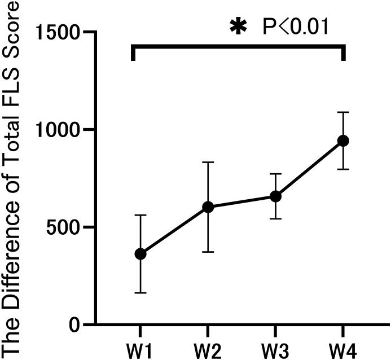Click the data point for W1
point(140,254)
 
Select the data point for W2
point(208,207)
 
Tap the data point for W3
point(276,196)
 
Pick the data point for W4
point(343,141)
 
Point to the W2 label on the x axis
point(208,346)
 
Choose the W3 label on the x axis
point(276,346)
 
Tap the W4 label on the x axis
point(343,346)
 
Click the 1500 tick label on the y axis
point(57,33)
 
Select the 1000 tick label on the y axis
point(57,130)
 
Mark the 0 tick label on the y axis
point(74,326)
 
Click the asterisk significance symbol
point(238,27)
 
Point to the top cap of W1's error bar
point(140,215)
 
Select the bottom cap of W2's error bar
point(208,252)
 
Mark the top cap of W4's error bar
point(343,112)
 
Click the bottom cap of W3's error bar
point(276,218)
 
